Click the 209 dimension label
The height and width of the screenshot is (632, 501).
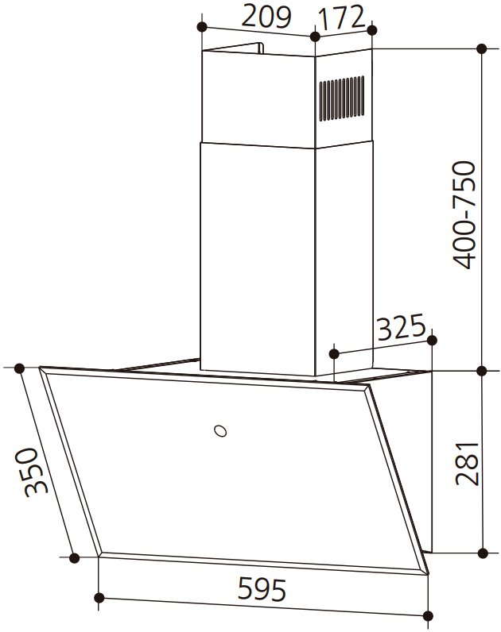point(266,17)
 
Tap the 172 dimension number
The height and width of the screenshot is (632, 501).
point(341,17)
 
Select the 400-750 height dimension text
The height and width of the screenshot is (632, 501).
point(464,215)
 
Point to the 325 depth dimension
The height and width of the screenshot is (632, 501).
point(402,327)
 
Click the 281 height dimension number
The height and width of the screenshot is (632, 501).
point(467,464)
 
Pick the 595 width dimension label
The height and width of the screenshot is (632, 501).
point(262,589)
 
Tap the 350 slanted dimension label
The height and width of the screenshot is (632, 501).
point(31,472)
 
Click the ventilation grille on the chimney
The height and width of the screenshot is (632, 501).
point(342,98)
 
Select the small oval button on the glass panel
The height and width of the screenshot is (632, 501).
point(220,430)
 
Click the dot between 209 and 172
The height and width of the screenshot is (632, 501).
point(315,37)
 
